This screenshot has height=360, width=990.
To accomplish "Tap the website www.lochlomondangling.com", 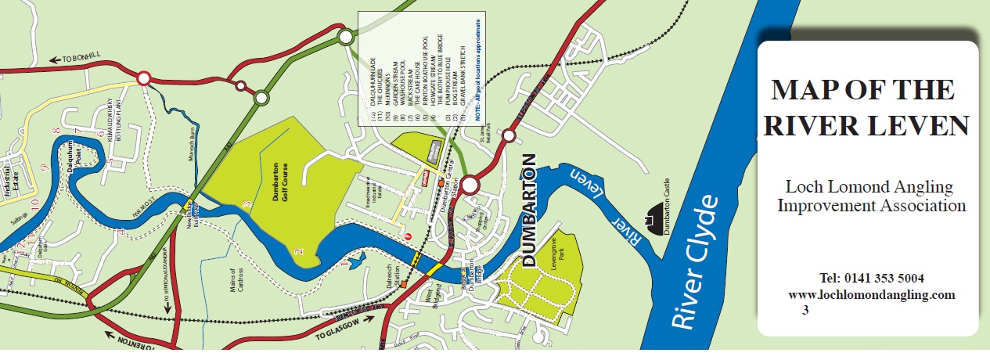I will pos(872,294).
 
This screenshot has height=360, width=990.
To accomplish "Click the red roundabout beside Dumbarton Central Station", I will pos(470,185).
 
